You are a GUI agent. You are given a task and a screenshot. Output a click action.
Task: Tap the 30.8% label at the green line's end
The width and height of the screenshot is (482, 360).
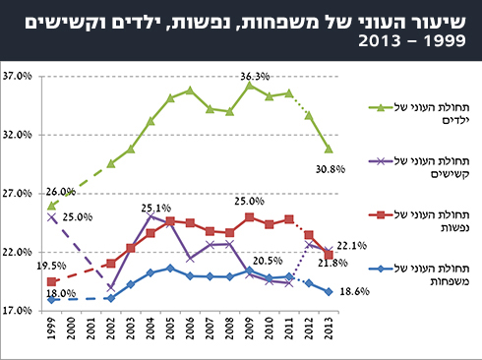(x=330, y=168)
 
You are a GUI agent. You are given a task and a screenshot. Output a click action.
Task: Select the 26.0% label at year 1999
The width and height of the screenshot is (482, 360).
(x=60, y=192)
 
